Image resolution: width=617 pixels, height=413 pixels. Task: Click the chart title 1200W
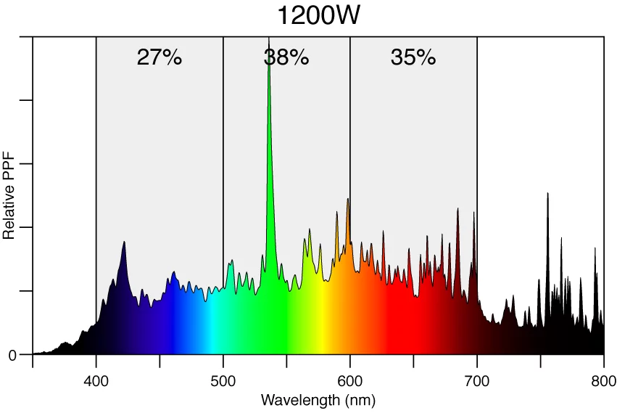[x=318, y=15]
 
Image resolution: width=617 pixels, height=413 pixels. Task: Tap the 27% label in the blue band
[x=159, y=58]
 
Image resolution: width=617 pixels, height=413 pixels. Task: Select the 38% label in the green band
[x=286, y=58]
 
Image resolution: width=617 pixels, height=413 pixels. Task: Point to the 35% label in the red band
[x=413, y=58]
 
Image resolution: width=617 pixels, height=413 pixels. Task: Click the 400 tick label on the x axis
[x=96, y=380]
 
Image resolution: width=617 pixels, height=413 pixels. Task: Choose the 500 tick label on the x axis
[x=223, y=380]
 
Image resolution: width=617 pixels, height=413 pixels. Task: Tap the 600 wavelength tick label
[x=350, y=380]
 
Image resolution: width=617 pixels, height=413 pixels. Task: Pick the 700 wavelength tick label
[x=477, y=380]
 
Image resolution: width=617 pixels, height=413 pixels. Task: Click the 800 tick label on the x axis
[x=603, y=380]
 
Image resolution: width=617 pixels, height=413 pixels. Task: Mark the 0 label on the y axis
[x=12, y=355]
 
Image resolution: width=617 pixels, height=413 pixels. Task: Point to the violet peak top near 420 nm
[x=124, y=242]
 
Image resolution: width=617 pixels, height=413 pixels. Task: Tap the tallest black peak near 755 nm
[x=547, y=193]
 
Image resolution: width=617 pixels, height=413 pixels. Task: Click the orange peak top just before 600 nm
[x=348, y=199]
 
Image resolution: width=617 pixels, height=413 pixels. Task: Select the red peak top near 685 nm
[x=457, y=209]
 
